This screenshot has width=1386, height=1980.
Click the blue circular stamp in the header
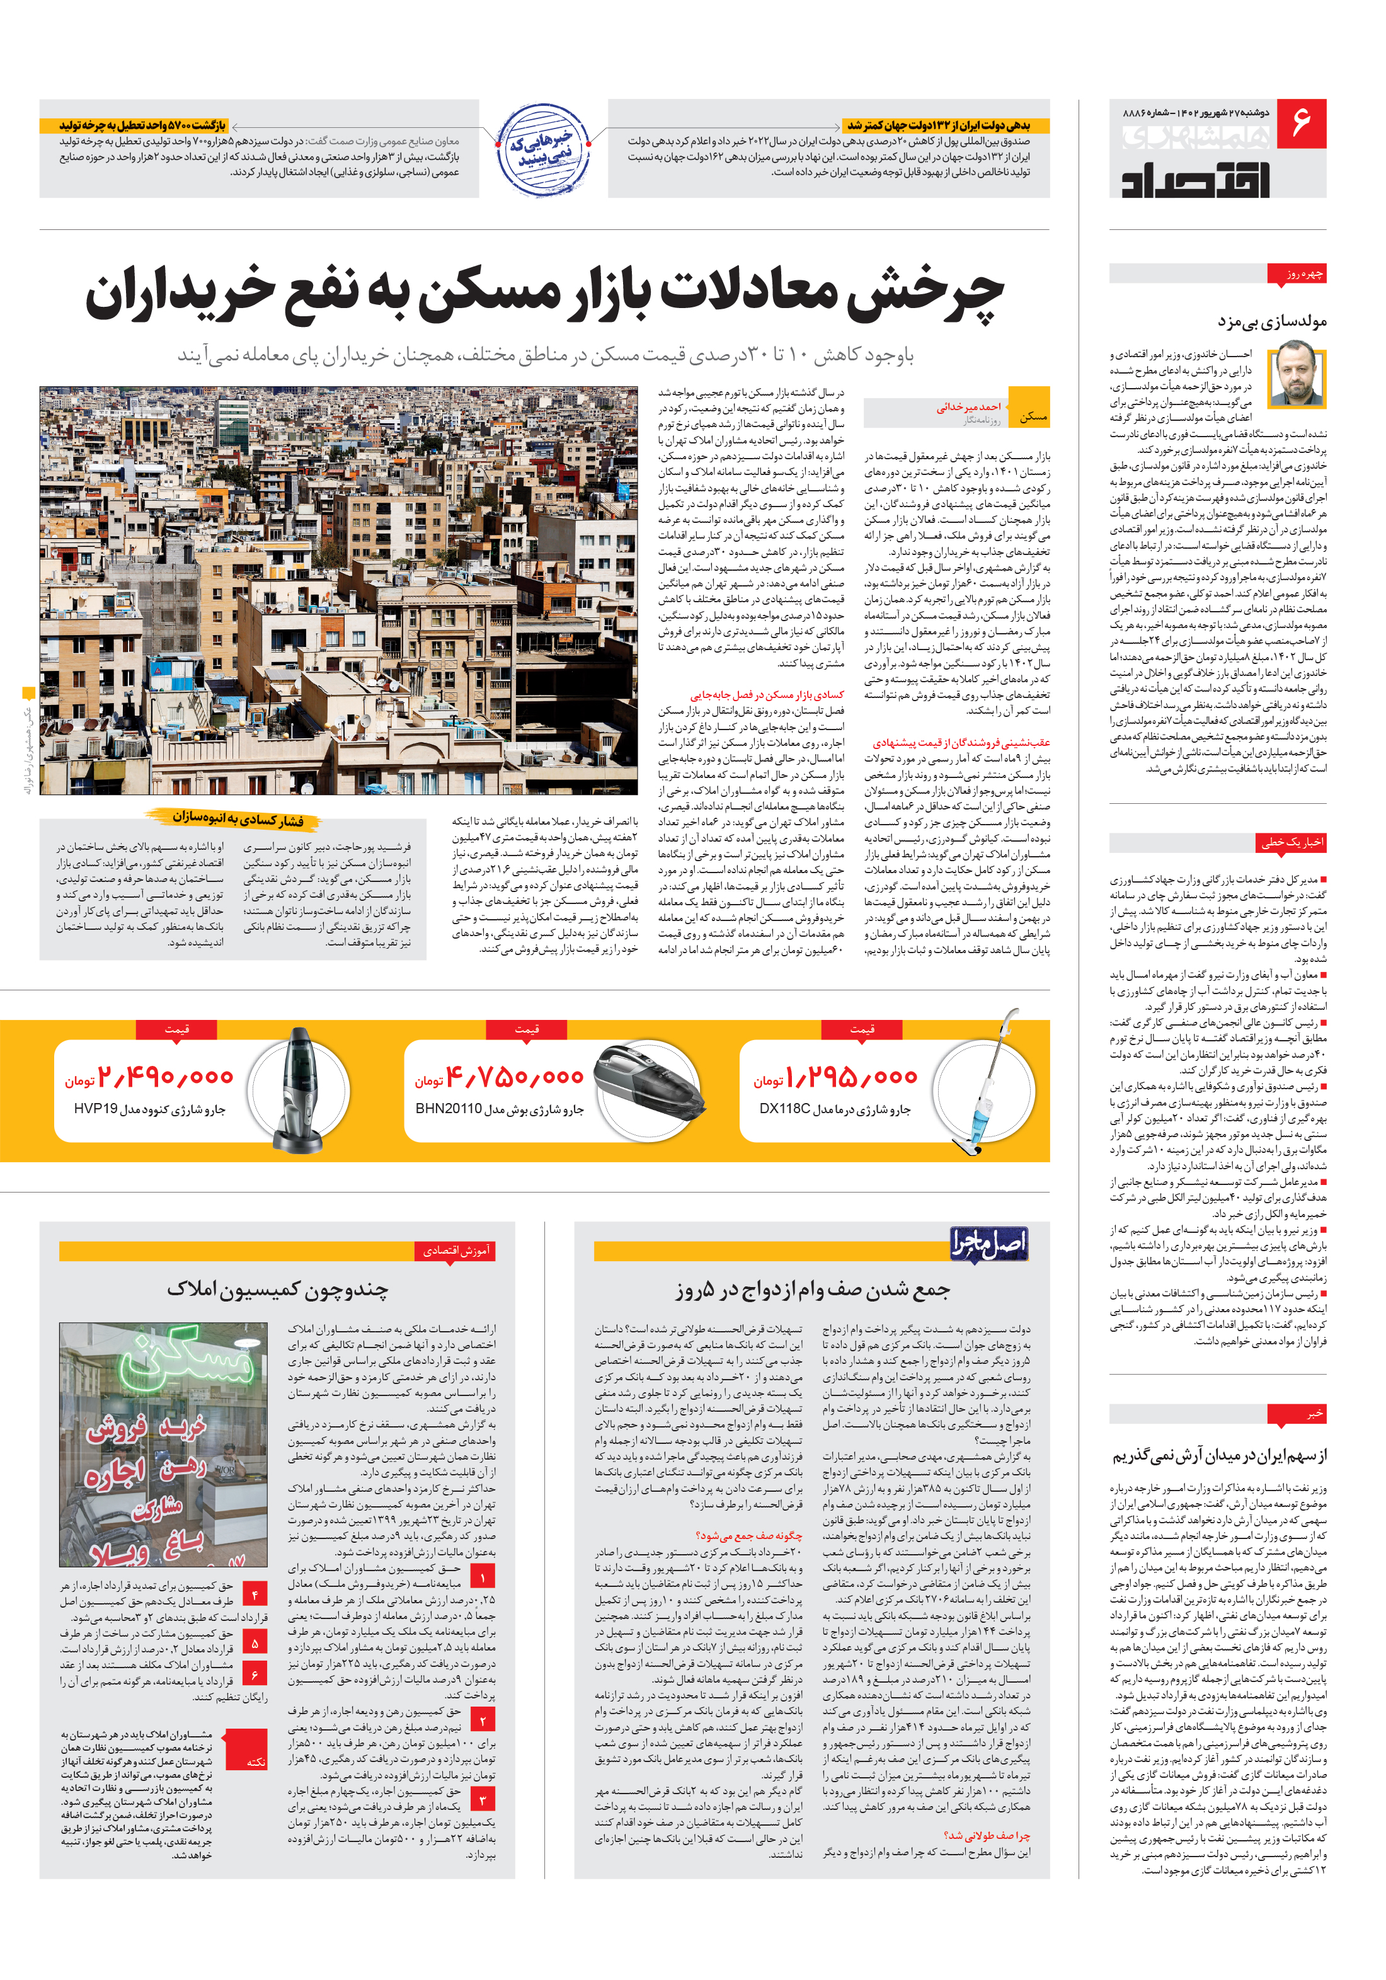click(542, 150)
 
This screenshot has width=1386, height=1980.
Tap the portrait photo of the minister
click(1297, 374)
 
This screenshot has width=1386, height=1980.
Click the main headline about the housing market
click(544, 295)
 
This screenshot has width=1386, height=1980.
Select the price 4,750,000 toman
click(514, 1077)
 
